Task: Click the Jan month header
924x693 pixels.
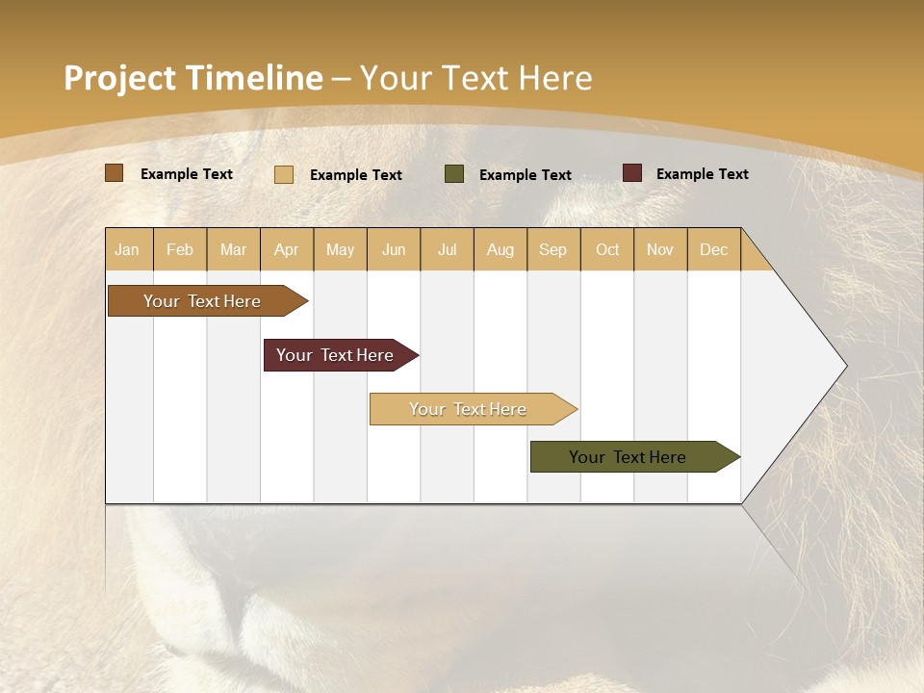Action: (x=127, y=249)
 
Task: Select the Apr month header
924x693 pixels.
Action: (x=286, y=249)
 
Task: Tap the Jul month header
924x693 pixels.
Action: (x=447, y=249)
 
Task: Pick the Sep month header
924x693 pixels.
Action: (x=552, y=249)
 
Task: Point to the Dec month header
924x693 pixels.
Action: (x=713, y=249)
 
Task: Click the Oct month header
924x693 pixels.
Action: (x=606, y=249)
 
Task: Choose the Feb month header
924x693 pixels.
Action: (x=180, y=249)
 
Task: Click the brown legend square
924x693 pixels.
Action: (x=114, y=173)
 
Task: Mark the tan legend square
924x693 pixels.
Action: (x=283, y=174)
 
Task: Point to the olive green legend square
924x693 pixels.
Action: (x=454, y=174)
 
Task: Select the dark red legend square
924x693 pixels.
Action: (x=632, y=173)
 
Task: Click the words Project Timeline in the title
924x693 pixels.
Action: (x=192, y=78)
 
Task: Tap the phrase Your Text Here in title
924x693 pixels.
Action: (x=475, y=78)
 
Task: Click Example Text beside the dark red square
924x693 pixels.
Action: (x=702, y=174)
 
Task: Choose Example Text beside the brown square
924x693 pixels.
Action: (x=186, y=174)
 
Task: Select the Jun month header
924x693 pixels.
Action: (x=394, y=249)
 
